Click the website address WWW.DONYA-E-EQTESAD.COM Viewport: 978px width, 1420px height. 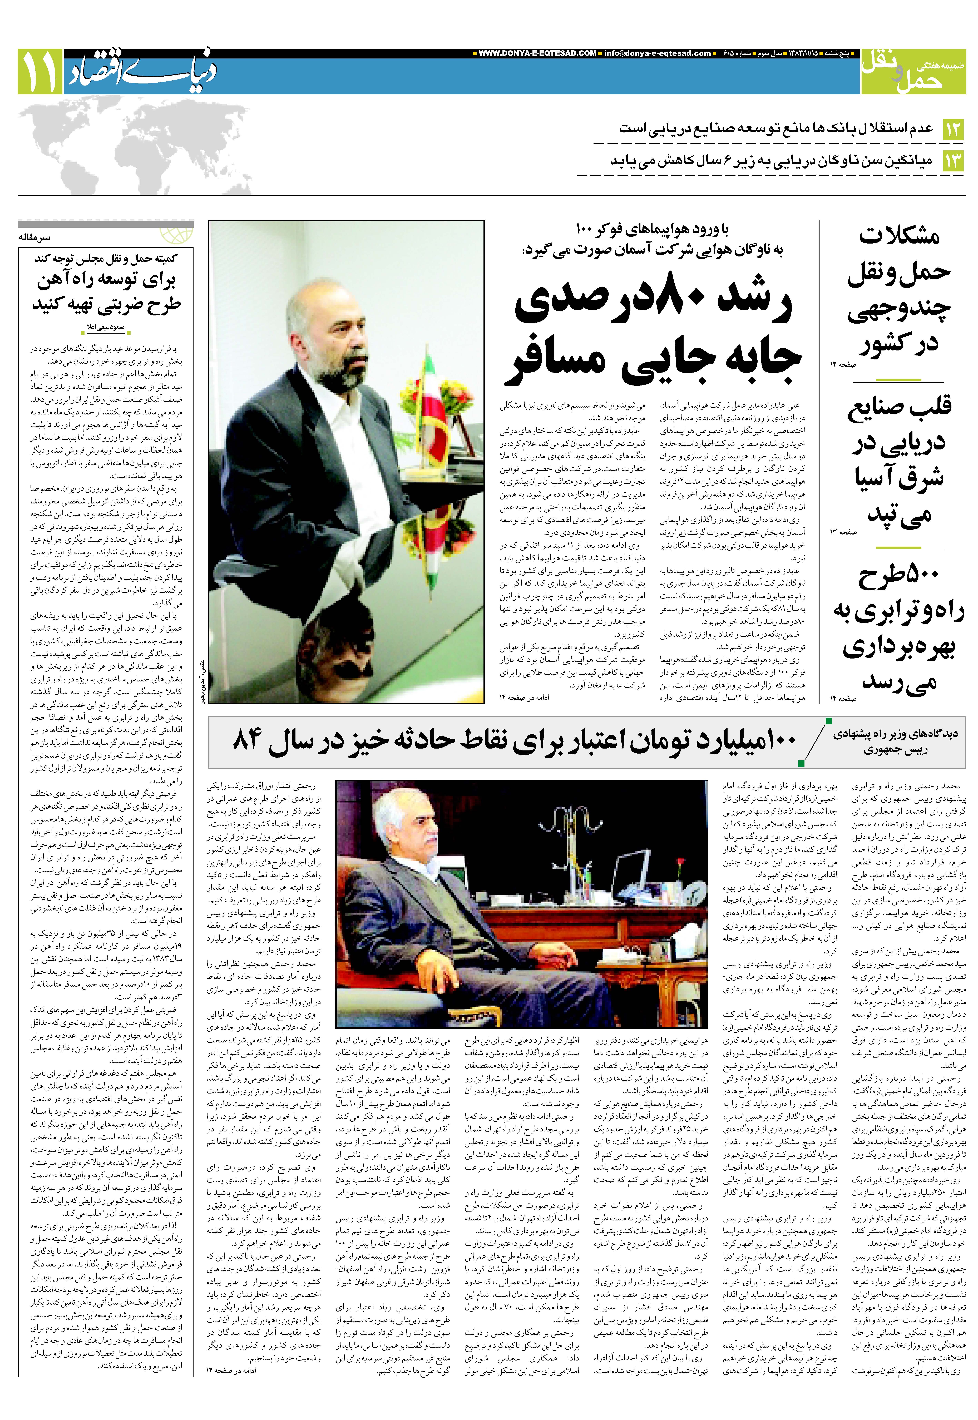click(x=537, y=53)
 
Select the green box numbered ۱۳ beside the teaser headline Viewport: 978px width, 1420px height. click(x=953, y=161)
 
